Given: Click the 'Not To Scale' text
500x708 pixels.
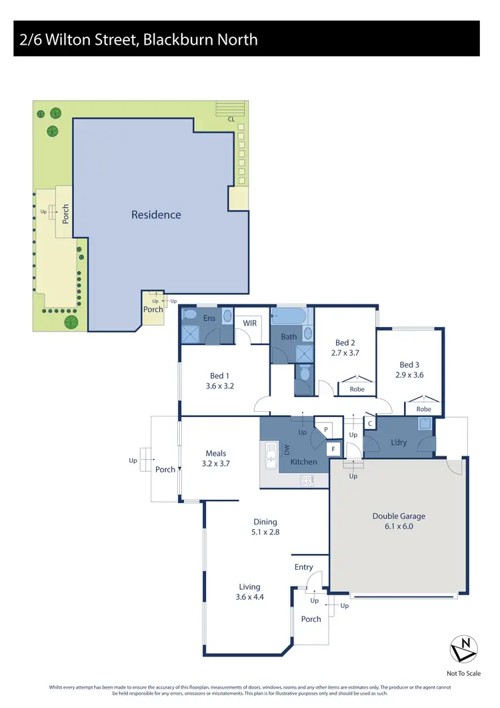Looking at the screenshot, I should tap(463, 674).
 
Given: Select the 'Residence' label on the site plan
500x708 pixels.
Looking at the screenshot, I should tap(156, 214).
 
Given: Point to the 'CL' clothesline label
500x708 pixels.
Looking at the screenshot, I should tap(231, 120).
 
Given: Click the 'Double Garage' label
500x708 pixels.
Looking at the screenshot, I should tap(398, 516).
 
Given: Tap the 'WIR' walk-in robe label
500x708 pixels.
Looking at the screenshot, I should tap(250, 323).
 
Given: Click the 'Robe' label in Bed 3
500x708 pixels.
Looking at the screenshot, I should tap(423, 409).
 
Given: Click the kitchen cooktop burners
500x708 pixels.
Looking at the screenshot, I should tap(307, 479).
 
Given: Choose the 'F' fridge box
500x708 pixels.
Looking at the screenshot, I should tap(334, 449).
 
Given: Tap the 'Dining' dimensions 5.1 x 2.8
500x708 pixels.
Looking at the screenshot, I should tap(265, 533).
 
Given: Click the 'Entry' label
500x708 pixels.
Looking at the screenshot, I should tap(303, 567).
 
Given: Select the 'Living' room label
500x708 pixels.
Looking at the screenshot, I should tap(250, 587).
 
